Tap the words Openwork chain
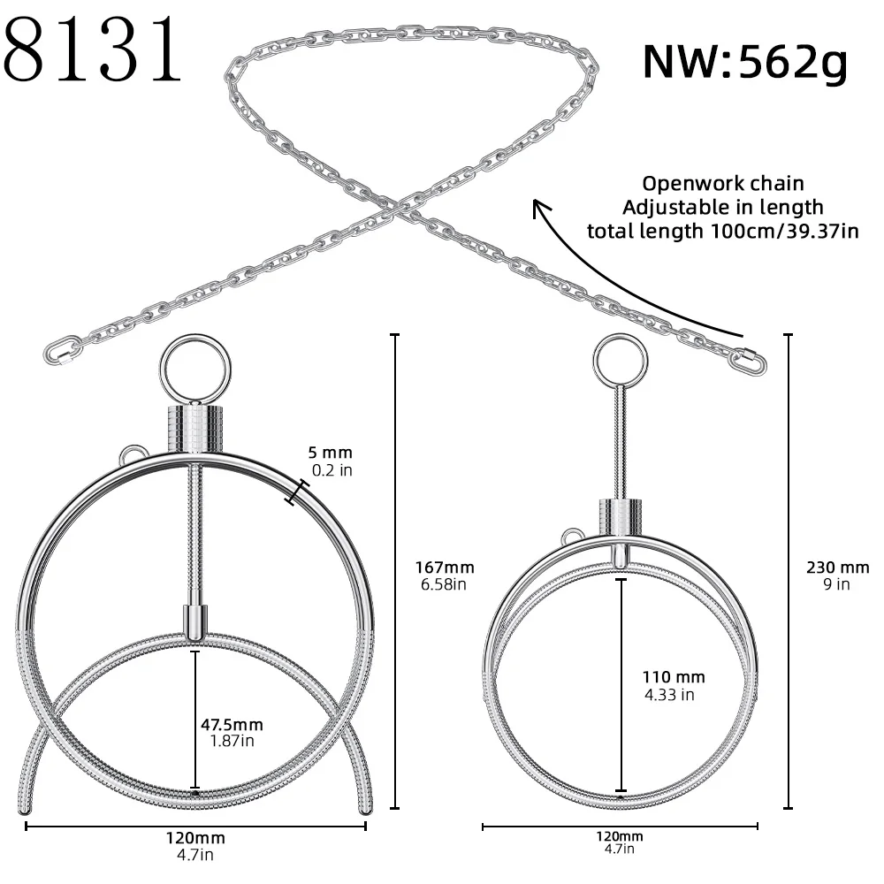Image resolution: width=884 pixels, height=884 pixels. (722, 184)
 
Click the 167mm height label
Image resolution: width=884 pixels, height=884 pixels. (445, 568)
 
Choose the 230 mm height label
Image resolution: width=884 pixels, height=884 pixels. (837, 568)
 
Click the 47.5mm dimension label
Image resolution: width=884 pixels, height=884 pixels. (232, 725)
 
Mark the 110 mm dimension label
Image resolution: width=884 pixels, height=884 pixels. (674, 677)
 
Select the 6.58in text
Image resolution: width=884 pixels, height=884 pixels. (443, 584)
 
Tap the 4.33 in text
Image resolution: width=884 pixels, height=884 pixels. (669, 694)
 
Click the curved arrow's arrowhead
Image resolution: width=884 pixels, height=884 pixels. (537, 207)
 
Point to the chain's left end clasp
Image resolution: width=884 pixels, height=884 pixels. (62, 350)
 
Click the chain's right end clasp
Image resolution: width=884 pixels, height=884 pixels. (750, 359)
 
